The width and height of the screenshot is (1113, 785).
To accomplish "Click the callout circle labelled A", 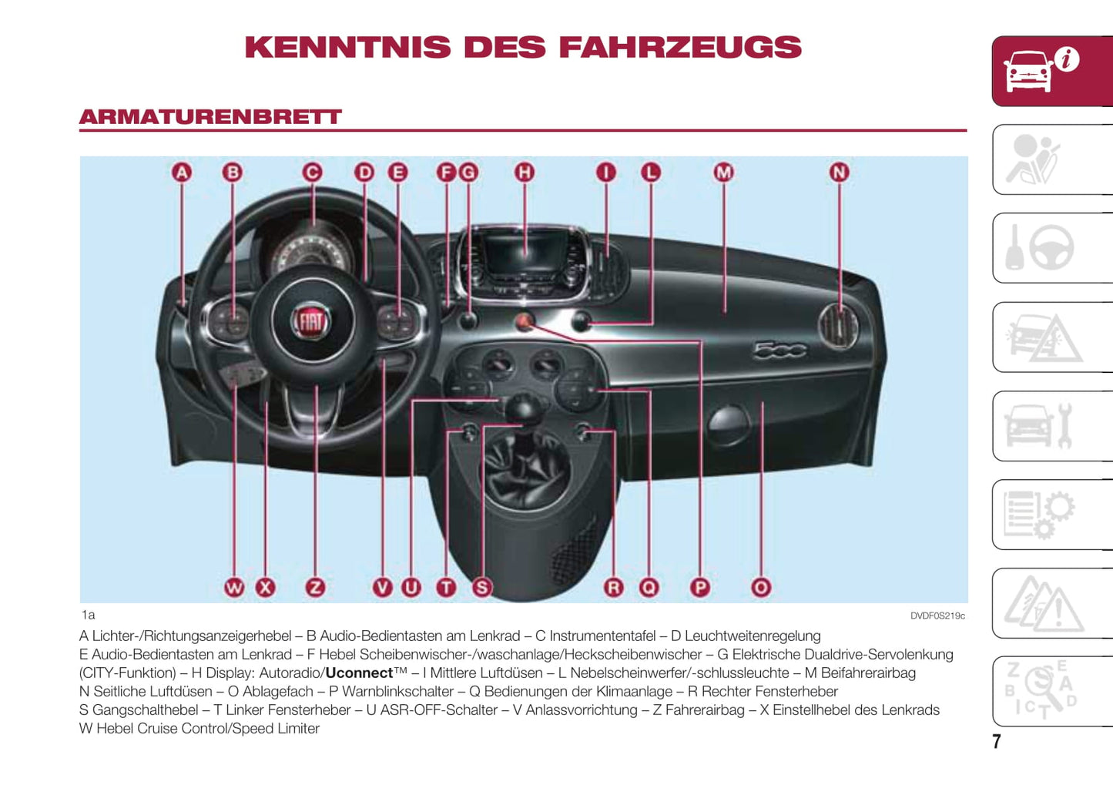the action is click(182, 173).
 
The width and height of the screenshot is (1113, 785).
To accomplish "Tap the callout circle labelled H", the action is click(525, 173).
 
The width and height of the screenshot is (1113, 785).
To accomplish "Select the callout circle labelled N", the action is click(840, 173).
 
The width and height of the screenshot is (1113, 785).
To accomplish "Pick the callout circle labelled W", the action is click(234, 587).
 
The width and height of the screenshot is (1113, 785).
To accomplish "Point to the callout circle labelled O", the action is click(761, 587).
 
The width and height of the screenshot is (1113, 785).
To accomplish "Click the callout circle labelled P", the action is click(699, 587).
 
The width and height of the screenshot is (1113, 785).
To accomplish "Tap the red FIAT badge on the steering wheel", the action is click(311, 321).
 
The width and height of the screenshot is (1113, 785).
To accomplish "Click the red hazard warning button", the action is click(524, 322).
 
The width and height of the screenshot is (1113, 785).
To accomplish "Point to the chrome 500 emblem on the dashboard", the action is click(779, 350).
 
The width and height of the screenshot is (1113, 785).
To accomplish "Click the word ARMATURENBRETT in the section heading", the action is click(210, 117).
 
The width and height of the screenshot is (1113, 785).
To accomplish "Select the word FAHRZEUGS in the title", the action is click(680, 47).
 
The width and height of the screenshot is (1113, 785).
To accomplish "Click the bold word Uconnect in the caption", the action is click(359, 673).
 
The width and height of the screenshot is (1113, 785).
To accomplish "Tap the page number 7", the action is click(996, 741).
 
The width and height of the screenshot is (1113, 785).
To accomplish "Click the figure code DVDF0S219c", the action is click(937, 616).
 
